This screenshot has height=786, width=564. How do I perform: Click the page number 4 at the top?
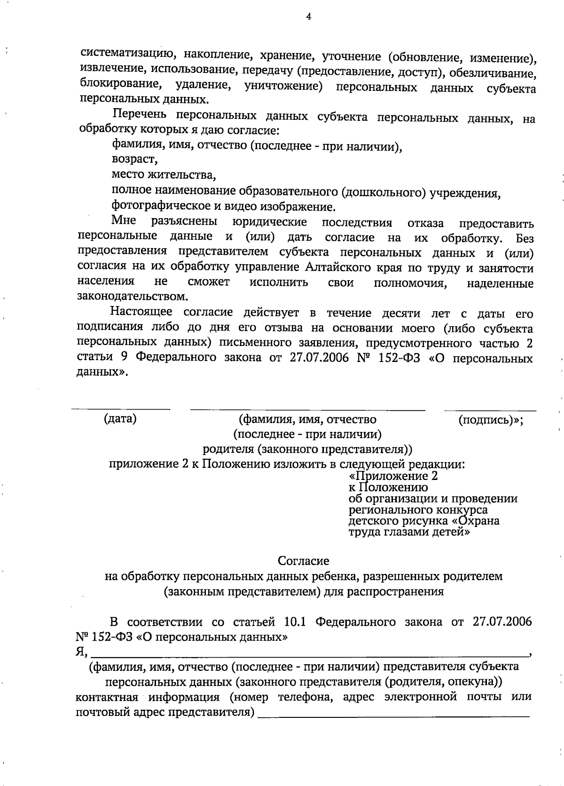pyautogui.click(x=308, y=17)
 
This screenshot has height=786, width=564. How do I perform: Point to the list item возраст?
pyautogui.click(x=134, y=160)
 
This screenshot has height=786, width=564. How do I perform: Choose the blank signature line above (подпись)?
pyautogui.click(x=490, y=410)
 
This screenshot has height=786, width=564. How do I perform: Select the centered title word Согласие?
pyautogui.click(x=303, y=561)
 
